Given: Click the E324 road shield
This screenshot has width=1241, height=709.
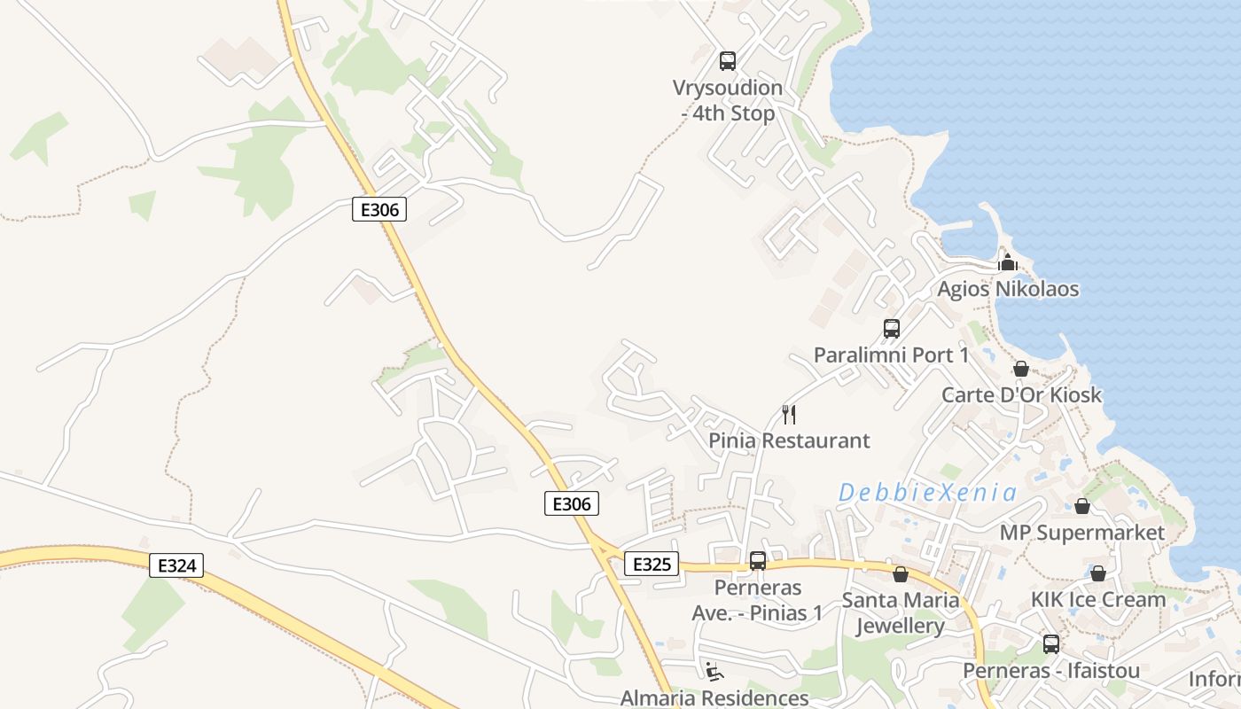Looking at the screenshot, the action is pyautogui.click(x=176, y=565).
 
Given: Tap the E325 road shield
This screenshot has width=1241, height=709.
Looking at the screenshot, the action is pyautogui.click(x=652, y=564).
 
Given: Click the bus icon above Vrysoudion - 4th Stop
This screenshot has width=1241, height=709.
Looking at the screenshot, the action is pyautogui.click(x=728, y=61).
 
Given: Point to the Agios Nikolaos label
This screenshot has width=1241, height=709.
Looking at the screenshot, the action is pyautogui.click(x=1008, y=289).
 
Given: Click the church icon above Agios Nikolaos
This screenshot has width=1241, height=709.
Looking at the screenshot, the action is pyautogui.click(x=1007, y=262).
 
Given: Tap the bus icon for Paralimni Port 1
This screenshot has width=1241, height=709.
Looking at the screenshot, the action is pyautogui.click(x=892, y=329).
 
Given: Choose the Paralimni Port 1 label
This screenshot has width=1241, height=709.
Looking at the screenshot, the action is pyautogui.click(x=891, y=355).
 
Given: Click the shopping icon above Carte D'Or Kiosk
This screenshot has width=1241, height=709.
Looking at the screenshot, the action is pyautogui.click(x=1021, y=369).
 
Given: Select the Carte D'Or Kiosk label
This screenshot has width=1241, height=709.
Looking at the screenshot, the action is pyautogui.click(x=1021, y=394).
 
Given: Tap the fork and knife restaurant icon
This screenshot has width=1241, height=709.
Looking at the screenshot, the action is pyautogui.click(x=789, y=414).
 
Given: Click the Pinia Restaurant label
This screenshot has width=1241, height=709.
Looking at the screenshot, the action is pyautogui.click(x=789, y=440).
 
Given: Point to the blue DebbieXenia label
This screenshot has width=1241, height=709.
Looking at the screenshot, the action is pyautogui.click(x=927, y=493).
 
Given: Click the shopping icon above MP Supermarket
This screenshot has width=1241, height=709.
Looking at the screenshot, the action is pyautogui.click(x=1082, y=506).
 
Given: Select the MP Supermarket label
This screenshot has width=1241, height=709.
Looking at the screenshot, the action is pyautogui.click(x=1081, y=533).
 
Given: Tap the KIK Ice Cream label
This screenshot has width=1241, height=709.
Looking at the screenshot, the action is pyautogui.click(x=1097, y=600).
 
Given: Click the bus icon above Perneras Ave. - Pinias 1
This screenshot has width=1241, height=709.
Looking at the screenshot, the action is pyautogui.click(x=758, y=561).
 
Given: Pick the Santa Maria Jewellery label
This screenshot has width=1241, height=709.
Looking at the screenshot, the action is pyautogui.click(x=900, y=613).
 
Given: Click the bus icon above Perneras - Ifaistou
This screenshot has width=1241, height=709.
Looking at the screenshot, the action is pyautogui.click(x=1051, y=644).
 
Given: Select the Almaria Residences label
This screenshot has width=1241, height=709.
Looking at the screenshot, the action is pyautogui.click(x=714, y=697).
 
